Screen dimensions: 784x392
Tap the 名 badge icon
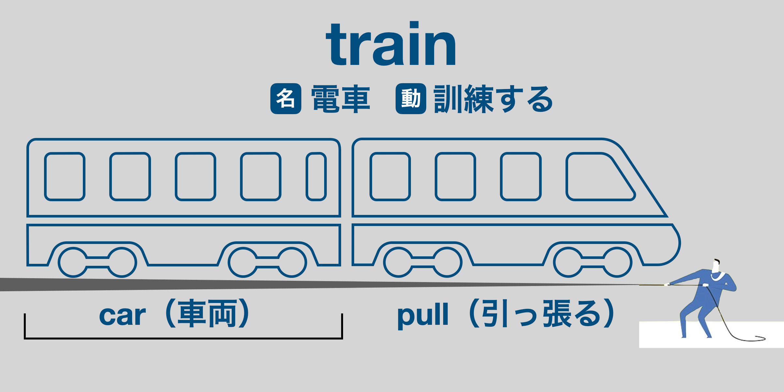286,98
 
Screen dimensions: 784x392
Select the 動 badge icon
411,98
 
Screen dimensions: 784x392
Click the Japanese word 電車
340,99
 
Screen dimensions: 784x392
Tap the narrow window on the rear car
316,176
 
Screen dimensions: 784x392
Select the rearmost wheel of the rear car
73,262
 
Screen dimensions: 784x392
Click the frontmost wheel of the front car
617,262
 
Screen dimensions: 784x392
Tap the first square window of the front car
390,176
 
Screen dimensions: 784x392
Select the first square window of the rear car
65,176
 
